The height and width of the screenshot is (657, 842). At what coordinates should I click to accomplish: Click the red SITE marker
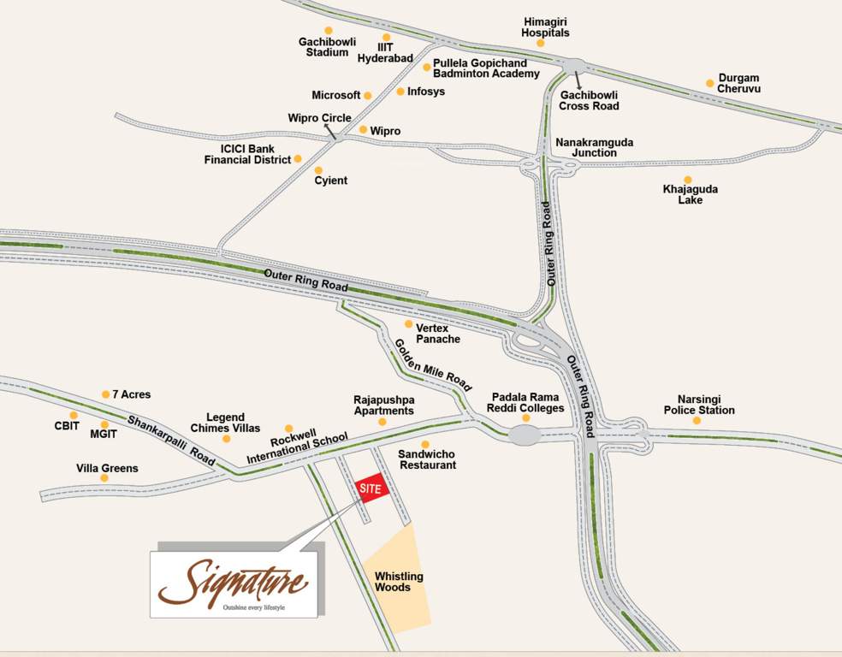tap(371, 487)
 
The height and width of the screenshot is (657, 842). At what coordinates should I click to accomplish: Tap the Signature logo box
tap(234, 584)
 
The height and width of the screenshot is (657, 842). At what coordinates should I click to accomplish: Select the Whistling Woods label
tap(399, 582)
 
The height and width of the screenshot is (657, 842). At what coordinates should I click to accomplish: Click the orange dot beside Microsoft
tap(368, 96)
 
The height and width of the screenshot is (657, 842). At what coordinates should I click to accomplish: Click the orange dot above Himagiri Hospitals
tap(540, 43)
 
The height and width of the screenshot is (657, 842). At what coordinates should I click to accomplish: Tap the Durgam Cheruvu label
tap(738, 83)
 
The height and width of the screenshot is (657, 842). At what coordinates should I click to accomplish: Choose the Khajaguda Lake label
tap(691, 194)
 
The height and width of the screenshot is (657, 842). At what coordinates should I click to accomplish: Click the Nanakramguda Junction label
tap(595, 147)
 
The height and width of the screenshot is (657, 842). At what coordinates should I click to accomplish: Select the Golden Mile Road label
tap(432, 365)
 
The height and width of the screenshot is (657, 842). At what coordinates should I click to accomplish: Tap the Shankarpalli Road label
tap(171, 440)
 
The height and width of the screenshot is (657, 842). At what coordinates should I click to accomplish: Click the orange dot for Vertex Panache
tap(409, 324)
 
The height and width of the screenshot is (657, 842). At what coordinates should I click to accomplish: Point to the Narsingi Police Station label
tap(699, 405)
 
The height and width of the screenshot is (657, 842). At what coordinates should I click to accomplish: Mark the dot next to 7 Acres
tap(105, 394)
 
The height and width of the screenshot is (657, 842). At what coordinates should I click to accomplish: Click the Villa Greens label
tap(107, 468)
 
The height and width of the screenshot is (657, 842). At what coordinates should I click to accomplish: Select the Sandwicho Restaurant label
tap(427, 459)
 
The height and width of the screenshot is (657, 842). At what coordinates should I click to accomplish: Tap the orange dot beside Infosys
tap(400, 92)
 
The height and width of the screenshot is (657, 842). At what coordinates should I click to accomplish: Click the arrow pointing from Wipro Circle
tap(329, 130)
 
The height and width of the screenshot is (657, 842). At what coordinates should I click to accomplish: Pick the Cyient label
tap(330, 181)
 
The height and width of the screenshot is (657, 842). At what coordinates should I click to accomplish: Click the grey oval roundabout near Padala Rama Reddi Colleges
tap(525, 435)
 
